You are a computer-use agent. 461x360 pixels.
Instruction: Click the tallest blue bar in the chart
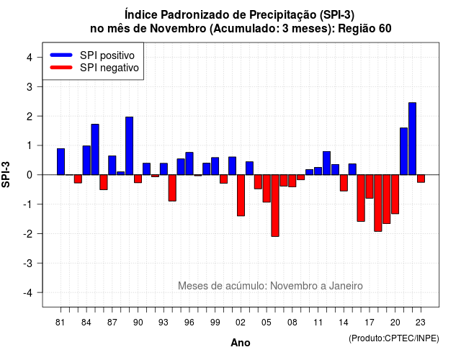(412, 139)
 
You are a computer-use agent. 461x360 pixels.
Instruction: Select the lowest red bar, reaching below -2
(275, 205)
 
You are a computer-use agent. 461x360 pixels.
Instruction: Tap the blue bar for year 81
(61, 161)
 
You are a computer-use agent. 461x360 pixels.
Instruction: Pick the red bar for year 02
(241, 195)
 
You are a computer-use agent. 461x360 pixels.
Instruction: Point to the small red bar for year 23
(421, 179)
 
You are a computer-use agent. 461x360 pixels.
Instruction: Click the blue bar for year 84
(86, 160)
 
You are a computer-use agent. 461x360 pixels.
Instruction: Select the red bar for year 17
(370, 186)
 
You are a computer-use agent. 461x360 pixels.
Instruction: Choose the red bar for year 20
(395, 194)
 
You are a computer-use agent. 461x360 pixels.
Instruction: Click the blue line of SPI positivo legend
(61, 55)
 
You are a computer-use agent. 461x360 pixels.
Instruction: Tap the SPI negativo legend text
(109, 68)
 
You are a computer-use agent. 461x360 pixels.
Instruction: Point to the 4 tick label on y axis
(30, 57)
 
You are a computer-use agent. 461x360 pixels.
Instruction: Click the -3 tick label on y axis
(28, 263)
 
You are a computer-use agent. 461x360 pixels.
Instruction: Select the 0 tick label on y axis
(30, 175)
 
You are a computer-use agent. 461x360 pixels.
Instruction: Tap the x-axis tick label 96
(189, 323)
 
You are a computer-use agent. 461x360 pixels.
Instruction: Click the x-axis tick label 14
(344, 323)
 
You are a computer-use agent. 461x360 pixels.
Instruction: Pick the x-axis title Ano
(241, 343)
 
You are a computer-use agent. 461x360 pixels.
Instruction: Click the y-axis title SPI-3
(6, 174)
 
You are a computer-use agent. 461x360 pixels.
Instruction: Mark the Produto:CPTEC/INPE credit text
(394, 338)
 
